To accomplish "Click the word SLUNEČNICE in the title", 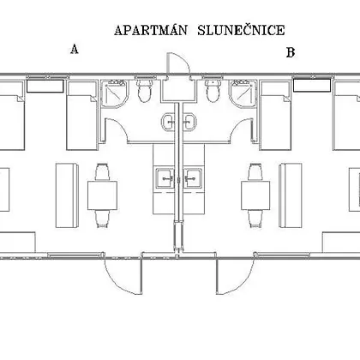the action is coord(241,30).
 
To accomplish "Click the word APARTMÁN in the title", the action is coord(151,30).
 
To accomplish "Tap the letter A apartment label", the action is coord(75,49).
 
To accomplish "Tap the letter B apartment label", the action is coord(291,52).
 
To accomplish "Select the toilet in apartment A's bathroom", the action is coord(144,90).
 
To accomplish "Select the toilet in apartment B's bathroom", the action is coord(213,90).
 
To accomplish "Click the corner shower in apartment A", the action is coord(115,93).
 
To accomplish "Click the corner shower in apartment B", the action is coord(243,93).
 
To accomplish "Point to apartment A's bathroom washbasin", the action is coord(169,122).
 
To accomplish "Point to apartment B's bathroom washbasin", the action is coord(189,122).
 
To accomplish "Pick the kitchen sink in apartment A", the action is coord(165,178).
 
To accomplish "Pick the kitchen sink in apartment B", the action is coord(193,178).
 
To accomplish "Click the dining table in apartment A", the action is coord(102,195).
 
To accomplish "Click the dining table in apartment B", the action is coord(255,195).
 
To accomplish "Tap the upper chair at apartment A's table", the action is coord(102,171).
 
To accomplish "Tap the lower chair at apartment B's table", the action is coord(255,219).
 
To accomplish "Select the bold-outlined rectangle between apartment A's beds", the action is coord(45,86).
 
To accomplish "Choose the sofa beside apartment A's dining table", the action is coord(67,195).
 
